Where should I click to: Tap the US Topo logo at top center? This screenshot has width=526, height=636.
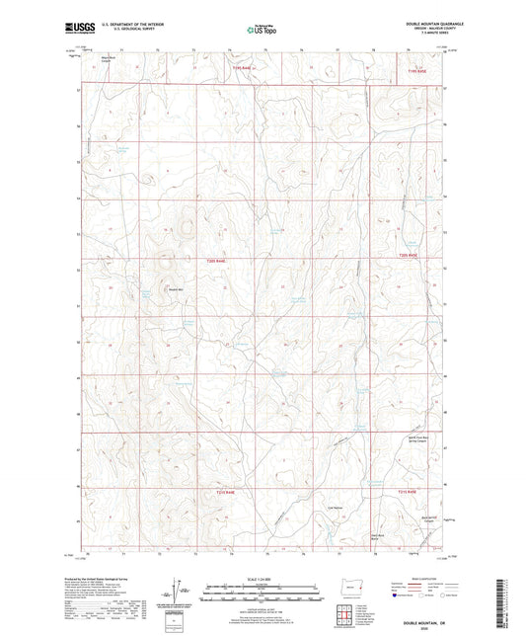[x=262, y=30]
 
